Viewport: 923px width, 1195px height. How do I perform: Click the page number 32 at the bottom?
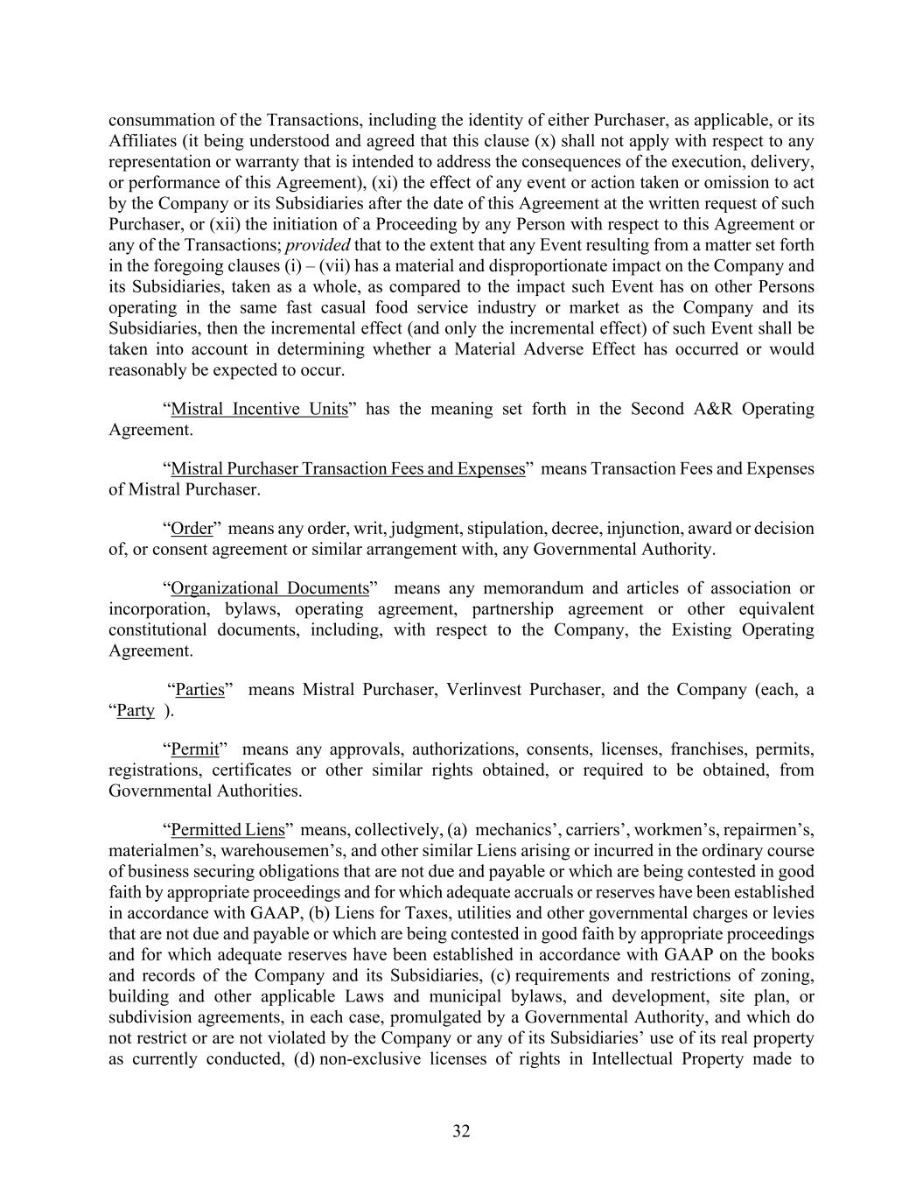click(x=461, y=1131)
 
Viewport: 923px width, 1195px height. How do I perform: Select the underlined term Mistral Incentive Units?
click(x=259, y=409)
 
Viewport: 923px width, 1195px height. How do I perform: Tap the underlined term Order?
click(x=192, y=528)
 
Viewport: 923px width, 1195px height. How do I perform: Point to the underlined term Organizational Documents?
click(x=269, y=587)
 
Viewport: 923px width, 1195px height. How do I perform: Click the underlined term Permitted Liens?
click(x=227, y=829)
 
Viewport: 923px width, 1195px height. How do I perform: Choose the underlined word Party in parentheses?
click(x=136, y=710)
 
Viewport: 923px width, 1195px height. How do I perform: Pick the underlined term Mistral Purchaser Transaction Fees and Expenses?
click(x=347, y=468)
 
